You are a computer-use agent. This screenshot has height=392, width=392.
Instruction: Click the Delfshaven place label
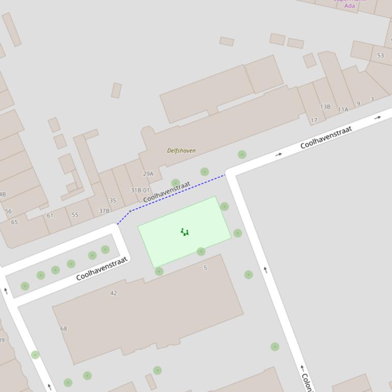(x=181, y=151)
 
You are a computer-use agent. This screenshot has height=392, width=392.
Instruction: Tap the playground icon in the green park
(x=185, y=232)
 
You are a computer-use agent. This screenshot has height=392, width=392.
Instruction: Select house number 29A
(x=148, y=174)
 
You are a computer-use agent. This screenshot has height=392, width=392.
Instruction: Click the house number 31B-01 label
(x=140, y=190)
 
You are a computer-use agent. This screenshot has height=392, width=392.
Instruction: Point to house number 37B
(x=104, y=211)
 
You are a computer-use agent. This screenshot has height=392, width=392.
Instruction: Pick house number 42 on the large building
(x=113, y=293)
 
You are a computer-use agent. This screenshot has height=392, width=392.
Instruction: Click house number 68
(x=64, y=328)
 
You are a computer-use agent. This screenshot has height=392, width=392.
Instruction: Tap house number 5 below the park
(x=205, y=268)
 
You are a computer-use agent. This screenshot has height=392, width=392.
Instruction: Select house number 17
(x=314, y=121)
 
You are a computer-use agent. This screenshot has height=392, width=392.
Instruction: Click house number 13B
(x=325, y=107)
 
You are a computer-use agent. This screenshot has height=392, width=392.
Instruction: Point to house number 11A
(x=343, y=109)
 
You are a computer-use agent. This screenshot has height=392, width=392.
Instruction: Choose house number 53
(x=381, y=55)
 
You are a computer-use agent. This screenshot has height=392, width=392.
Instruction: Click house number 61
(x=50, y=216)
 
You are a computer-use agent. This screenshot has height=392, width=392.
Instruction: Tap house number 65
(x=14, y=222)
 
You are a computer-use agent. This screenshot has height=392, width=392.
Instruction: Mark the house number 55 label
(x=75, y=215)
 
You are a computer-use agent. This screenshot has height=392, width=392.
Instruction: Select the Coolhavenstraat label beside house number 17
(x=326, y=137)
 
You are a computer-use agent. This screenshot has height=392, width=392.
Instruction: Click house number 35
(x=113, y=201)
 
